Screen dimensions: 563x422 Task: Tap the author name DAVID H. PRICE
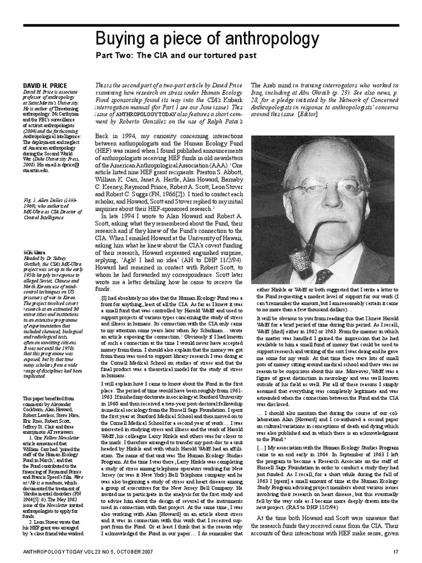click(x=45, y=86)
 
